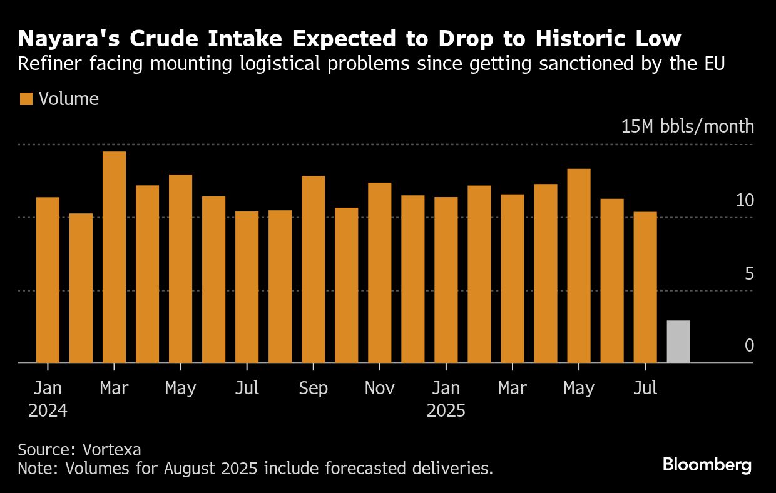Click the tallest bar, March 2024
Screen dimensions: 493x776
point(114,257)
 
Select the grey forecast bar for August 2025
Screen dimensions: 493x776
point(678,342)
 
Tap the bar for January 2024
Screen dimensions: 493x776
point(48,280)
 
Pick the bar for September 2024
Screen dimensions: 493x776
point(313,269)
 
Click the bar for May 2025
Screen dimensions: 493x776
point(578,266)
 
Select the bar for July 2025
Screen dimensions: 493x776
point(645,287)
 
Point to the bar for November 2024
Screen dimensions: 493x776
point(379,273)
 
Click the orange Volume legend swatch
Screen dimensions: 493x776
point(26,99)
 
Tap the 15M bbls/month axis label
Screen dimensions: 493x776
point(687,126)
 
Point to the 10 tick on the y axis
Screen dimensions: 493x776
point(745,201)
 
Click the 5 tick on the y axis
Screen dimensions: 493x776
point(748,273)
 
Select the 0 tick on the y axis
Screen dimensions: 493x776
point(749,346)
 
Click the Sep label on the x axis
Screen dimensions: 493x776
point(313,389)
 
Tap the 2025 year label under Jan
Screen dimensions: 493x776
point(446,411)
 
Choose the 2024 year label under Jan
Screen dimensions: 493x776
point(48,411)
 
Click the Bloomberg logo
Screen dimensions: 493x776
point(707,465)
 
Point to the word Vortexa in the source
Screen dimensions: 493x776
point(113,450)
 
